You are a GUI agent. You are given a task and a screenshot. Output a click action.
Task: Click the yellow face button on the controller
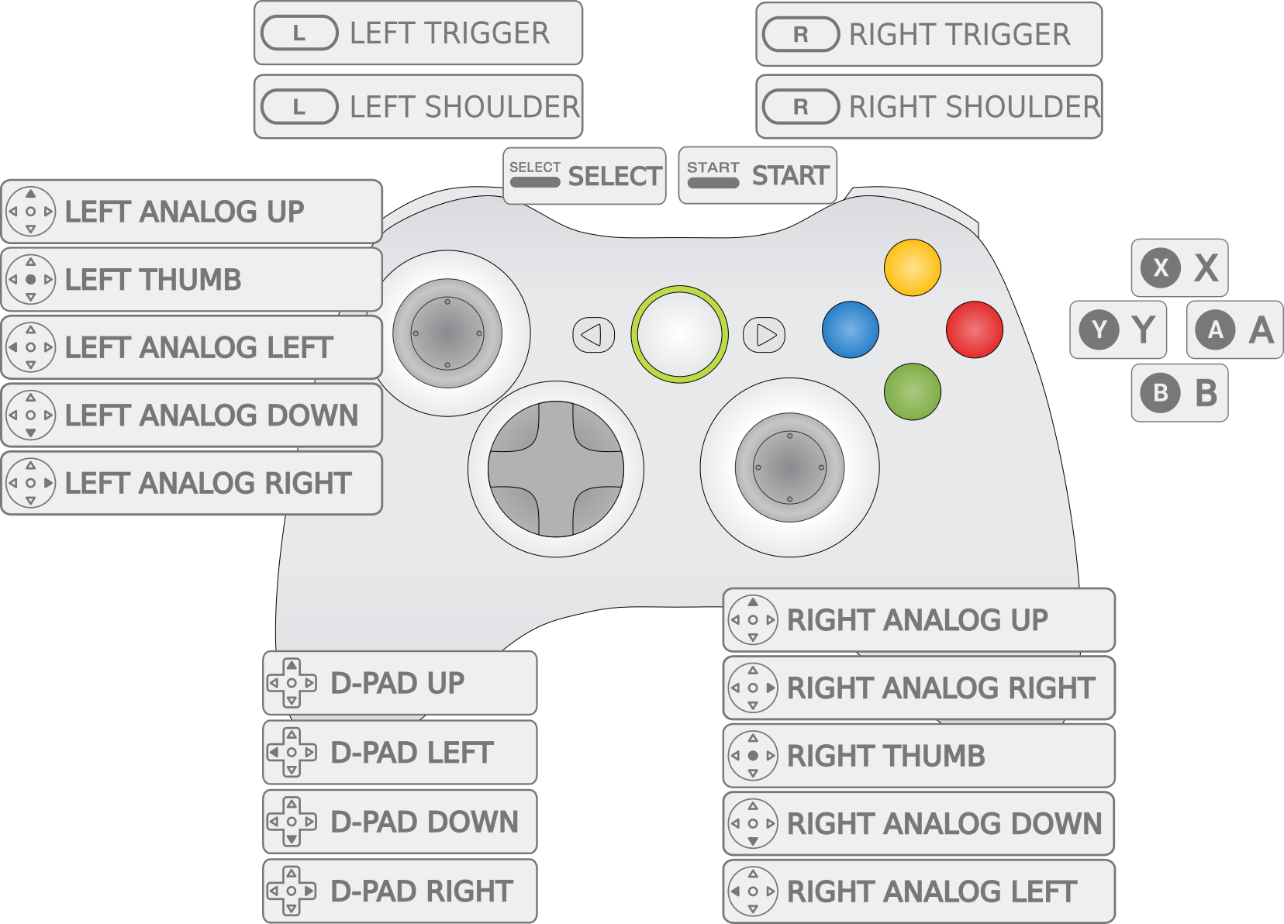913,267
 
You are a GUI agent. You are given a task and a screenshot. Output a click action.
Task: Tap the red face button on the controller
975,329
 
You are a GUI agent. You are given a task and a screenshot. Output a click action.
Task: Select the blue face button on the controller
851,329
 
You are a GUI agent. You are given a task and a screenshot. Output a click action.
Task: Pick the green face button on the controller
913,391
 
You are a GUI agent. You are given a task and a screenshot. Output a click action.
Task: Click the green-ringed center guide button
679,334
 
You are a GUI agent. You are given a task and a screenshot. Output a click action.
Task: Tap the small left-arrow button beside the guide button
593,335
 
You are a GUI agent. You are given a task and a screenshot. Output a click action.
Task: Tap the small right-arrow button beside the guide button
765,335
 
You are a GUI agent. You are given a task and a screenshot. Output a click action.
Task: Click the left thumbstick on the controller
447,333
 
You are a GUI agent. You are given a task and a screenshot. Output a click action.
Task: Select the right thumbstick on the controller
789,467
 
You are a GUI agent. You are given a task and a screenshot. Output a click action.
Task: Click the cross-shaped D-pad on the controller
556,469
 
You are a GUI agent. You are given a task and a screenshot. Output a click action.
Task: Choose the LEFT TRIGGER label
419,33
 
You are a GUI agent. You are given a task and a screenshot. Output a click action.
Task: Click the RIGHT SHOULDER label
929,107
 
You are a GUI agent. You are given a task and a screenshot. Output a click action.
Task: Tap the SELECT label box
585,176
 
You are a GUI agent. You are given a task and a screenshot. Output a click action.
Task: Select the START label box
758,176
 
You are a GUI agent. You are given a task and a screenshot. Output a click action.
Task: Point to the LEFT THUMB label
192,280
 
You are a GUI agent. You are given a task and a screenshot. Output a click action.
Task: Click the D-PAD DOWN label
400,822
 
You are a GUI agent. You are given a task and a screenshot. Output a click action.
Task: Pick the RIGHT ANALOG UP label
919,620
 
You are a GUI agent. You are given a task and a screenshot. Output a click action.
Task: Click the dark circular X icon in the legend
1161,268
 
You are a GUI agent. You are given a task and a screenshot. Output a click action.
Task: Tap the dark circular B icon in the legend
1161,393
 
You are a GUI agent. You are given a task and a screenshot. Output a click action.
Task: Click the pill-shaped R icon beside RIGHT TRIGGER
801,35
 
